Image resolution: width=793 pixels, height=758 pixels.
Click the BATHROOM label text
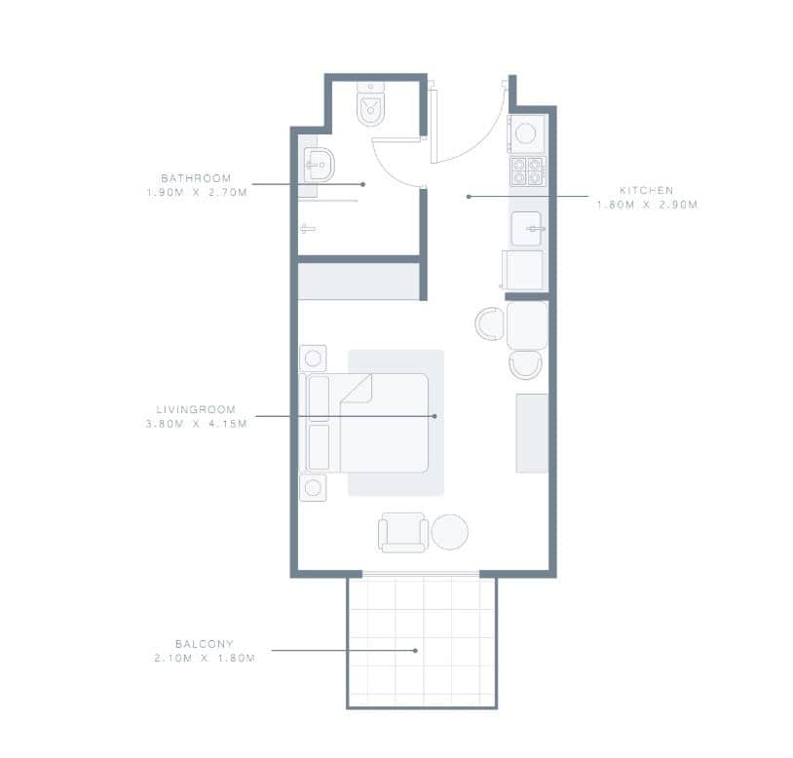[196, 178]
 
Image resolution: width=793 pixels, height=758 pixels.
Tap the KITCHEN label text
[646, 190]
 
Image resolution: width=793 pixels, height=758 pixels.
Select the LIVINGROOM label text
[196, 409]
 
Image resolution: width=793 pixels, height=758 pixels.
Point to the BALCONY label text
[205, 644]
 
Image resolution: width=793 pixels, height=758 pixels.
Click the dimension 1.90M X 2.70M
[197, 192]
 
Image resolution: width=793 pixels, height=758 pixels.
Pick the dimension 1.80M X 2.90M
[647, 205]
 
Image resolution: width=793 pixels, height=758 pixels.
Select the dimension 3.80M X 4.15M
[196, 423]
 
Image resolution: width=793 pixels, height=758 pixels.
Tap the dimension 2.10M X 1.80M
[205, 658]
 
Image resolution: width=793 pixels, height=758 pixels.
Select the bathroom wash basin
[320, 165]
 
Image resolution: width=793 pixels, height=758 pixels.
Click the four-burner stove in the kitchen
[527, 171]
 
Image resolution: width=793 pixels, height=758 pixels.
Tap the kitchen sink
[526, 229]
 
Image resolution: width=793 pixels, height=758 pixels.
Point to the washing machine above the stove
[526, 134]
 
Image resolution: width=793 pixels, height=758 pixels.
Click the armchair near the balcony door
[403, 533]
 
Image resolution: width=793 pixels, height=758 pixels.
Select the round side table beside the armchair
[450, 532]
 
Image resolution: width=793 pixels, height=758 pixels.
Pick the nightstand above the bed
[313, 359]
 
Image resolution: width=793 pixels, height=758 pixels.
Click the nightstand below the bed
[313, 488]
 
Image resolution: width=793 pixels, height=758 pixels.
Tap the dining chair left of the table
[490, 323]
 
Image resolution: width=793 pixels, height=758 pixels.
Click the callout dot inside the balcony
[415, 650]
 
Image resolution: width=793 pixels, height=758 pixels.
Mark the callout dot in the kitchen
[469, 197]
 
